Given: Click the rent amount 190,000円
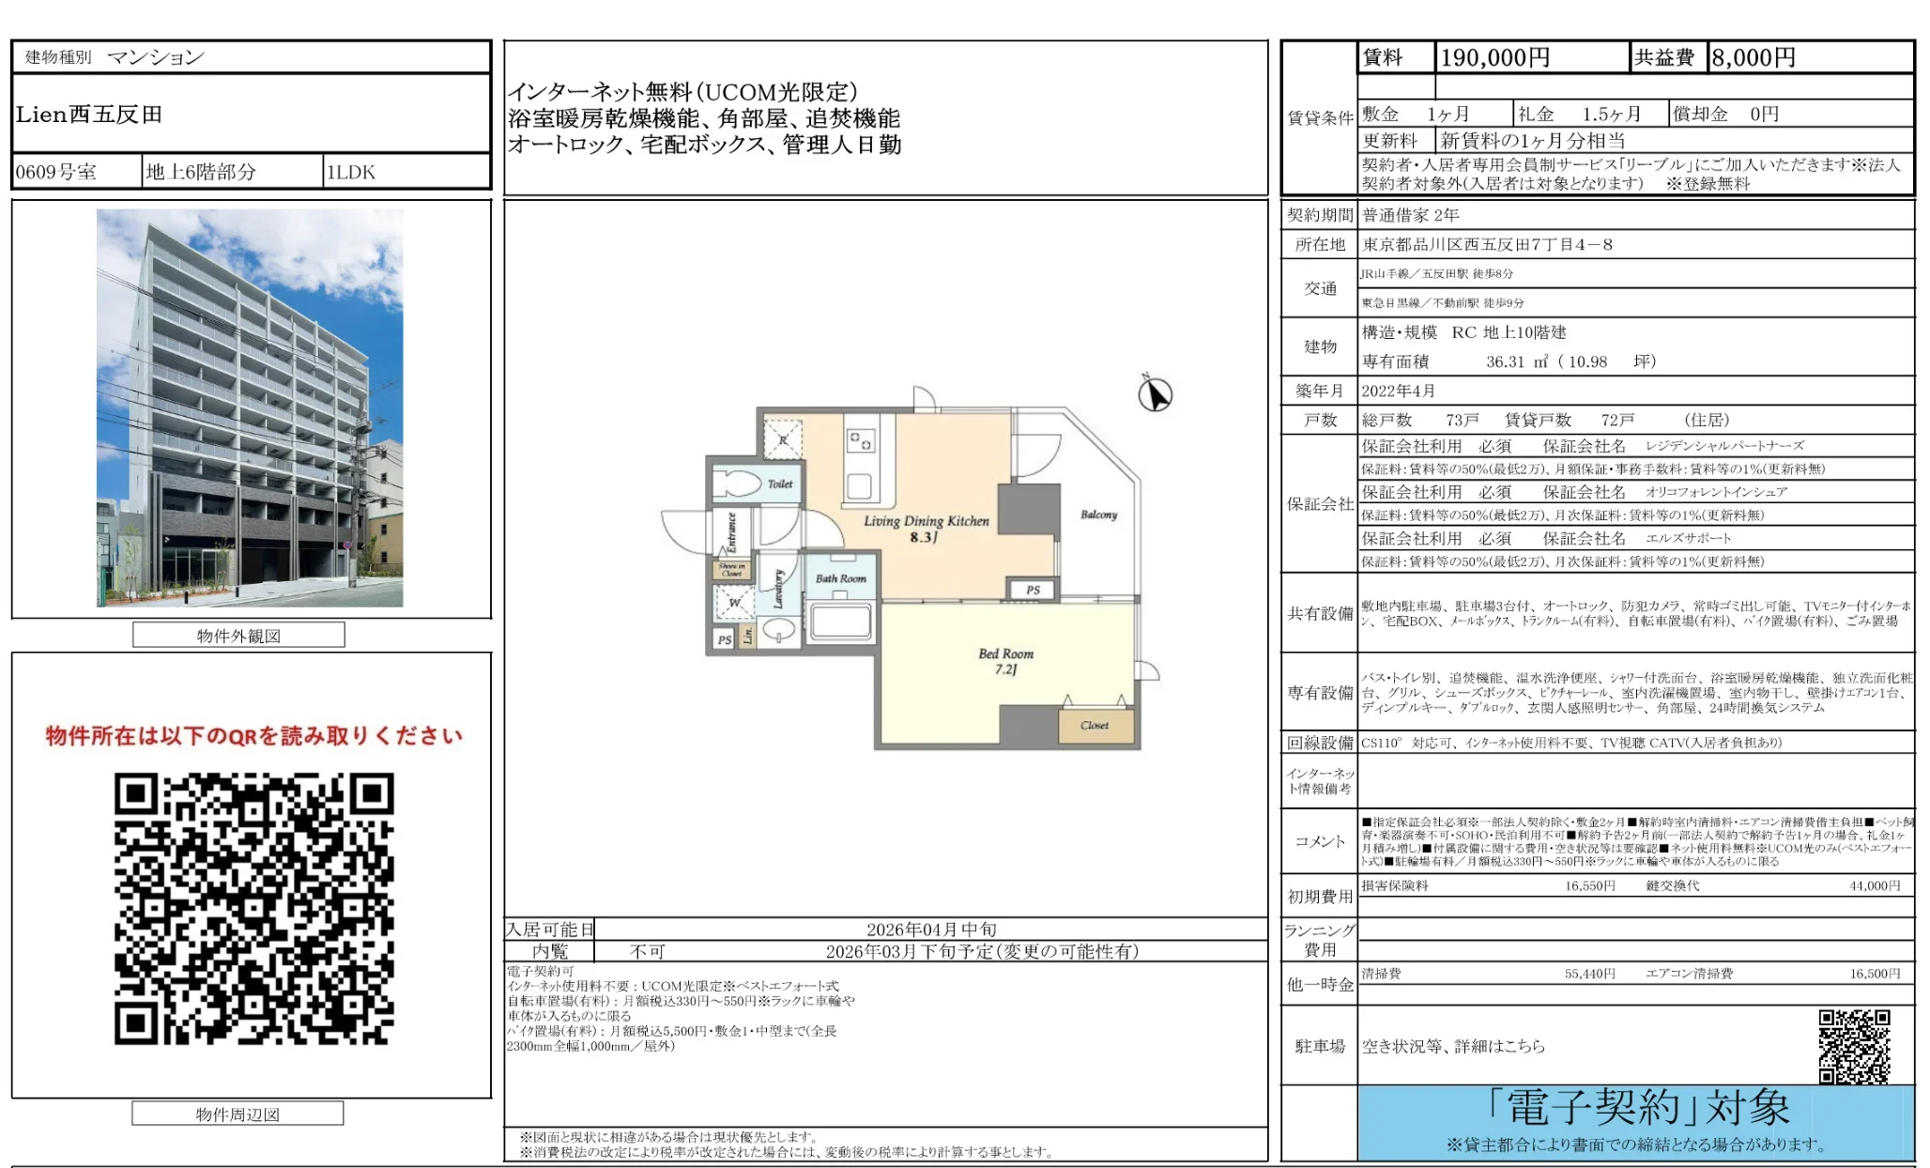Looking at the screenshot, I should (x=1494, y=58).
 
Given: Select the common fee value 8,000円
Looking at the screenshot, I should (x=1753, y=58).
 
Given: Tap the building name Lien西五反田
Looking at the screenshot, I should (x=89, y=115).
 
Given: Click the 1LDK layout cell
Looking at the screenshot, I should (x=351, y=172).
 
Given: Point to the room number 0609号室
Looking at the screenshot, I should (x=56, y=172).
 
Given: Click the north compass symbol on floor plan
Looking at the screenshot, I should (x=1155, y=393).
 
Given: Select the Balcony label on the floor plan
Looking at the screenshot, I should (x=1098, y=515).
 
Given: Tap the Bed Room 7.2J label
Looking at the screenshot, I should (x=1005, y=661).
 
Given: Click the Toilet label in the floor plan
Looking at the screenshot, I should (x=780, y=484).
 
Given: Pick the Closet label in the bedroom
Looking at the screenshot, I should (x=1095, y=725).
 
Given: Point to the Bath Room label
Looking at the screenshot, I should (x=840, y=578).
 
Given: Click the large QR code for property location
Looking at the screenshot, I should (x=253, y=908).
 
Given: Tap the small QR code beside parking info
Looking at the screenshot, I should (x=1854, y=1046).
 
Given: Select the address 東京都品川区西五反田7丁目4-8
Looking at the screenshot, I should (x=1488, y=245).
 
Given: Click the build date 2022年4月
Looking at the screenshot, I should (x=1399, y=391).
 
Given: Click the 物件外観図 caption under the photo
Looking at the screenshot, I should (x=238, y=636).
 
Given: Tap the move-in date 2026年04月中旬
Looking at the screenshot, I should (x=931, y=930).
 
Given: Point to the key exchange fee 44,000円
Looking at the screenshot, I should (x=1874, y=885).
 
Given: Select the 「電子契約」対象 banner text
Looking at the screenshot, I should (x=1638, y=1108).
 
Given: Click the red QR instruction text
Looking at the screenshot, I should (x=253, y=735).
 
